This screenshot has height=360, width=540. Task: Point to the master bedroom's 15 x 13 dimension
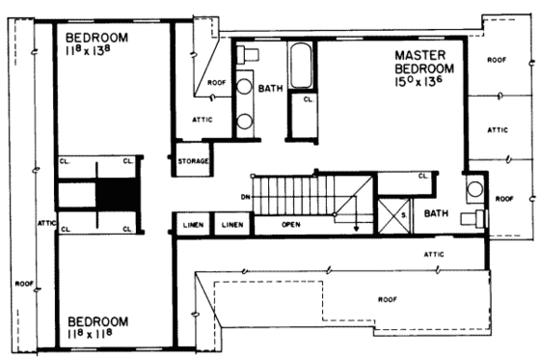(x=433, y=84)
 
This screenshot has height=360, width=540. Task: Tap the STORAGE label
(x=192, y=161)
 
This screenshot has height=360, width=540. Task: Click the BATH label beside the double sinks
(x=271, y=88)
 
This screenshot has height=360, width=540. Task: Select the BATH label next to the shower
(x=437, y=213)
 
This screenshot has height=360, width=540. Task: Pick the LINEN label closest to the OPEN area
(x=231, y=225)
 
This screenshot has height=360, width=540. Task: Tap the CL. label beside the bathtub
(x=310, y=98)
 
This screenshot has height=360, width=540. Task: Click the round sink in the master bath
(x=475, y=189)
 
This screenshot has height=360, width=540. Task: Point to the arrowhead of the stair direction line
(x=357, y=230)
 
